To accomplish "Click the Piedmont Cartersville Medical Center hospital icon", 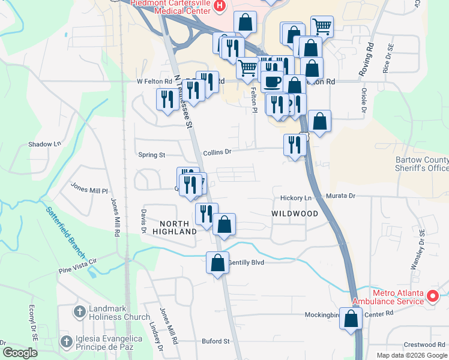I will tap(219, 6).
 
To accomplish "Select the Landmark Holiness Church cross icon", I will tap(79, 311).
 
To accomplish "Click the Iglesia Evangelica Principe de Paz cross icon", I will tap(66, 341).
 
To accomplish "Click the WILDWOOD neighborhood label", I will tap(294, 214).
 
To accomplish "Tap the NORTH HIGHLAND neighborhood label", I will tap(175, 227).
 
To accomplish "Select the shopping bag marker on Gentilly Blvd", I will tap(217, 263).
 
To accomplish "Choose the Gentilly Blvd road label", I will tap(246, 262).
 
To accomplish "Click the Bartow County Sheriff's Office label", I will tap(422, 164).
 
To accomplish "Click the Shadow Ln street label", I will tap(45, 144).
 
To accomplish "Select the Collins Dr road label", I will tap(217, 152).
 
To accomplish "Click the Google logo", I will tap(20, 353).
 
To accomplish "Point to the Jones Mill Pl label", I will tap(89, 190).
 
